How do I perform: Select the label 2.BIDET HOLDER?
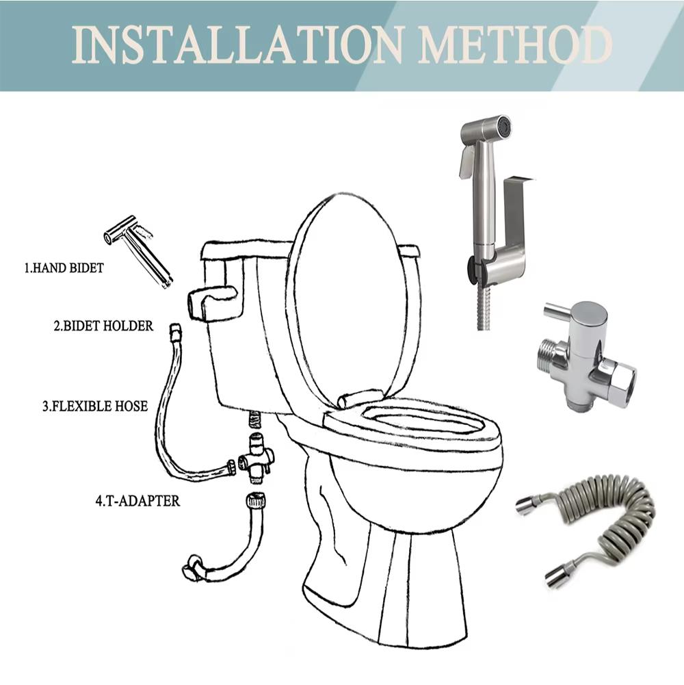[x=103, y=326]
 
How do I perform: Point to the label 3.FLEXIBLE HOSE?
[x=94, y=406]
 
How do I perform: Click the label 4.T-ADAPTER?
[x=137, y=501]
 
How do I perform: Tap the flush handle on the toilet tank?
[x=211, y=301]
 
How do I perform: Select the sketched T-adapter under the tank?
[x=256, y=456]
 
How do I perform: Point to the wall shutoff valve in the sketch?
[x=194, y=567]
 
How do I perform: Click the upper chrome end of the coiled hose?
[x=527, y=505]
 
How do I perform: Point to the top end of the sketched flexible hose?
[x=174, y=331]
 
